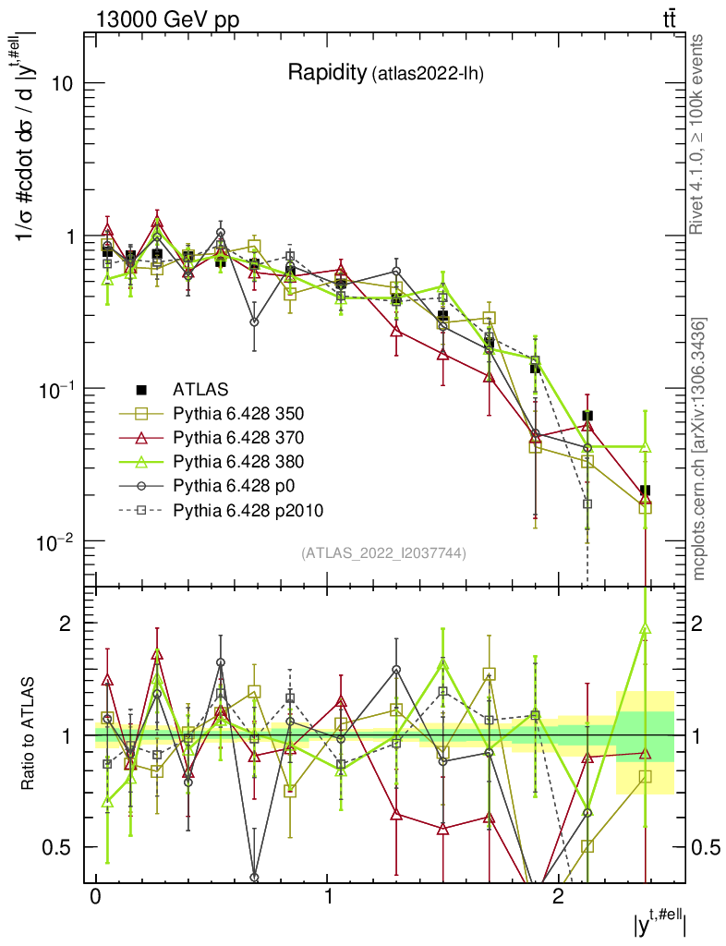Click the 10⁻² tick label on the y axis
click(55, 540)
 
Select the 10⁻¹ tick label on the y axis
click(55, 389)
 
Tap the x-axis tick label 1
click(328, 899)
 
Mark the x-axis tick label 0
click(96, 899)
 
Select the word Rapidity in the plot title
click(326, 73)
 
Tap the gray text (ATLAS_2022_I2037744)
click(383, 553)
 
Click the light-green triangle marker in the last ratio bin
click(645, 629)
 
